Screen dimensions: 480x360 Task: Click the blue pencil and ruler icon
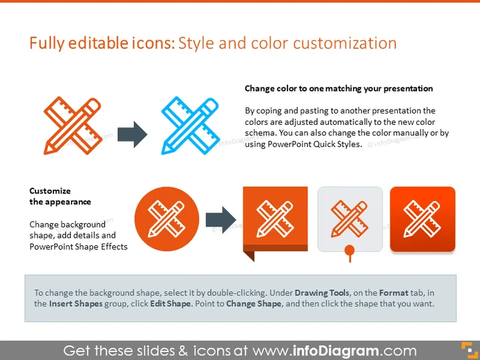click(x=190, y=126)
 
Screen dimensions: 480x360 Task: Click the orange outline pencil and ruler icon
click(x=73, y=126)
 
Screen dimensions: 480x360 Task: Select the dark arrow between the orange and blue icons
click(x=132, y=134)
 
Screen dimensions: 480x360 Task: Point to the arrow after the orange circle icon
click(x=221, y=220)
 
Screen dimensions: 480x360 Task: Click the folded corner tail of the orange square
click(x=249, y=256)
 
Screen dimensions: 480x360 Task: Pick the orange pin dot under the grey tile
click(x=350, y=250)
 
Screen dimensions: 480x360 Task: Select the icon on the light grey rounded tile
click(x=350, y=219)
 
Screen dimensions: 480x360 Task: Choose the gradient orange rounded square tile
click(x=423, y=219)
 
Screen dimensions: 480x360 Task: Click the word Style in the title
click(x=196, y=43)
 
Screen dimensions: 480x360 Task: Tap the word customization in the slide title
click(x=345, y=43)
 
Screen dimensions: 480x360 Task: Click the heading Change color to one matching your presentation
click(x=339, y=89)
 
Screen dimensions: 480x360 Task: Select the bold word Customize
click(x=50, y=191)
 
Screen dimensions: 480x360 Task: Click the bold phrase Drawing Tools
click(x=322, y=293)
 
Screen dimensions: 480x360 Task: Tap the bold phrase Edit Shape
click(x=170, y=304)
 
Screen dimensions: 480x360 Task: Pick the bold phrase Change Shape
click(x=254, y=304)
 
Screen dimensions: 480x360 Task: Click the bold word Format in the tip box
click(x=394, y=293)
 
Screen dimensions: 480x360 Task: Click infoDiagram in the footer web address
click(x=336, y=351)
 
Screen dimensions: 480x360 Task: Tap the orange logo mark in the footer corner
click(x=469, y=350)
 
